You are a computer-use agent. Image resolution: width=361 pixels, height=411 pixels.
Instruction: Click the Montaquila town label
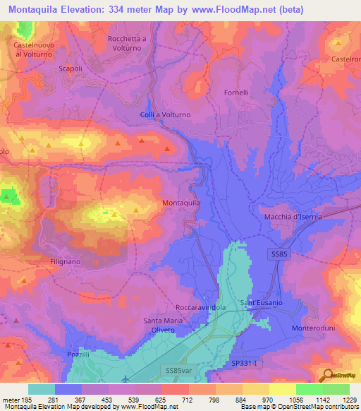(x=182, y=203)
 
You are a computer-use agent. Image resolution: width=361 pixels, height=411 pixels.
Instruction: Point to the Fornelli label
(x=216, y=93)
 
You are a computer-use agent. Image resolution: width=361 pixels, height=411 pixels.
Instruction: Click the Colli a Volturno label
(x=166, y=114)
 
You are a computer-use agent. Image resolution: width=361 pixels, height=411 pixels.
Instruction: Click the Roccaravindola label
(x=200, y=308)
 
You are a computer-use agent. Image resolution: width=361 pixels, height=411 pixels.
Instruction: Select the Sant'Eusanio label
(x=262, y=303)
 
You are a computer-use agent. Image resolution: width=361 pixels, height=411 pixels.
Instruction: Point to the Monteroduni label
(x=315, y=329)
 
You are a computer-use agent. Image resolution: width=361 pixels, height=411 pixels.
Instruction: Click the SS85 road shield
(x=280, y=253)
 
